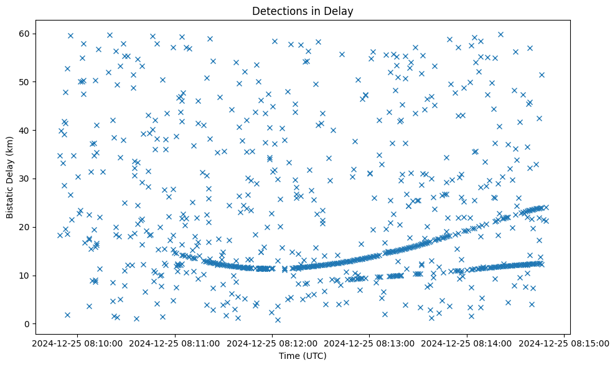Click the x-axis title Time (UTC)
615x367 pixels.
pyautogui.click(x=302, y=356)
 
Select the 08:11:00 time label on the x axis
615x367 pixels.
pyautogui.click(x=174, y=343)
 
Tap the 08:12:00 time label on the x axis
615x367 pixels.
pyautogui.click(x=272, y=343)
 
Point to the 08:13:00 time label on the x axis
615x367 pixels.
pyautogui.click(x=370, y=343)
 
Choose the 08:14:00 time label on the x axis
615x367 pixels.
pyautogui.click(x=467, y=343)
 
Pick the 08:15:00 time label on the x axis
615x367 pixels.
pyautogui.click(x=565, y=343)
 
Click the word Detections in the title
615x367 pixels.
pyautogui.click(x=279, y=11)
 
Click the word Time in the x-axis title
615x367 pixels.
pyautogui.click(x=288, y=356)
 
